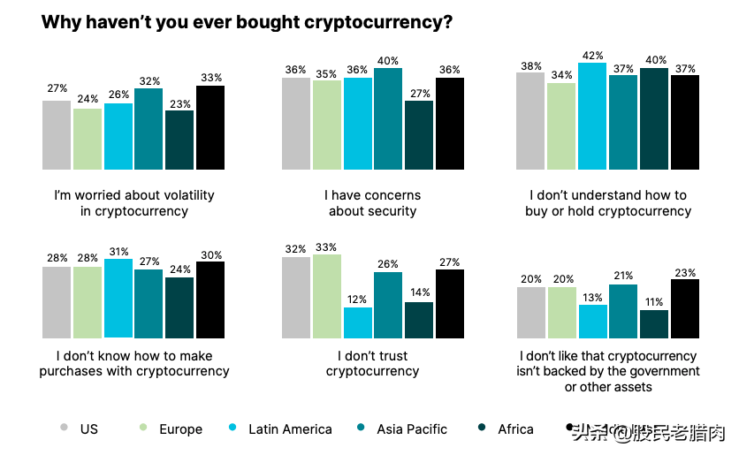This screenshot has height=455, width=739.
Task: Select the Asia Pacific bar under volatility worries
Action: [x=149, y=129]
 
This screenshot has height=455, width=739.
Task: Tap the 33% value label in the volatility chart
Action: [x=210, y=78]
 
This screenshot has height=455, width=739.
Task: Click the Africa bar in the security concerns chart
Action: [x=419, y=135]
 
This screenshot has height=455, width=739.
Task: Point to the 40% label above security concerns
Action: [x=387, y=60]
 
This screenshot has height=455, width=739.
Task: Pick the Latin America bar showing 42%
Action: [x=592, y=116]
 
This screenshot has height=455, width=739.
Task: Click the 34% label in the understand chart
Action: [x=561, y=75]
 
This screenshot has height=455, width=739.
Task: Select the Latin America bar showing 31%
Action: [x=118, y=299]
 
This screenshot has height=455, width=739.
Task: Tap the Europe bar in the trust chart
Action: [x=327, y=297]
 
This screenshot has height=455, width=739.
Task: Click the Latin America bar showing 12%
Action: [x=358, y=323]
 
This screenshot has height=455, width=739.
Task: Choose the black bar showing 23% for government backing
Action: [x=685, y=309]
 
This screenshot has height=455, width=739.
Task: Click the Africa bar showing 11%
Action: [x=654, y=324]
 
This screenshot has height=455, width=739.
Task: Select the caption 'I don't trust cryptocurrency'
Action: [x=372, y=364]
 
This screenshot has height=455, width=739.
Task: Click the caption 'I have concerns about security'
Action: [x=372, y=203]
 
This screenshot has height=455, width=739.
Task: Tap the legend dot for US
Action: [x=65, y=428]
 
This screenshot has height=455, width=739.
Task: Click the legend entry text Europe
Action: [x=180, y=429]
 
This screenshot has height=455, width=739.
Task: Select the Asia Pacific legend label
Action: [x=412, y=429]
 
